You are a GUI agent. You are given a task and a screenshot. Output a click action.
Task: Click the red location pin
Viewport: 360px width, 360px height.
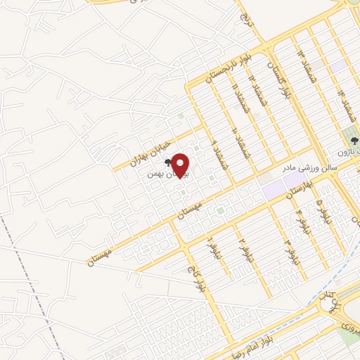coord(181,165)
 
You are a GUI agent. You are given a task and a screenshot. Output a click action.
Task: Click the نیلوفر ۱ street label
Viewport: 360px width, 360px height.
coord(210,247)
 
